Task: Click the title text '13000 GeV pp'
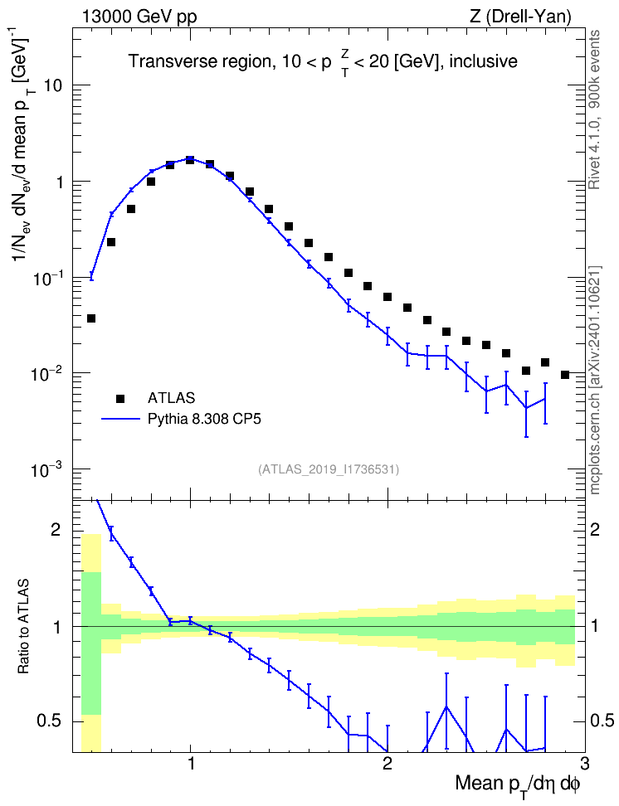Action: pos(139,17)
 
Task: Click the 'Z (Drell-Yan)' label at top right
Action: pos(520,17)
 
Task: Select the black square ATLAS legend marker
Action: pos(120,398)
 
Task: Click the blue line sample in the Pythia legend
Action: pos(120,419)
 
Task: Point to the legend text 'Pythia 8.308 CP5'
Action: pos(204,420)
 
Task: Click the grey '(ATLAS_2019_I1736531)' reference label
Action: pos(329,469)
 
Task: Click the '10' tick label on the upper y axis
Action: pos(53,85)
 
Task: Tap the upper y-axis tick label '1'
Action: pos(59,182)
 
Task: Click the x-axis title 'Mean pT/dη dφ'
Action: pos(518,785)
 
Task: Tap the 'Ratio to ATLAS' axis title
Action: pos(24,627)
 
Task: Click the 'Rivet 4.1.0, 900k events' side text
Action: pos(595,109)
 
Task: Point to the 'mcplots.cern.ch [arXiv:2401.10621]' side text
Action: pos(595,381)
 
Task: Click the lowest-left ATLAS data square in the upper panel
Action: pos(91,318)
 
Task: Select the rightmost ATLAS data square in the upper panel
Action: pos(565,375)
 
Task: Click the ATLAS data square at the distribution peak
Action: pos(190,160)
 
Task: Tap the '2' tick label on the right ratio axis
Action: pos(595,530)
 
